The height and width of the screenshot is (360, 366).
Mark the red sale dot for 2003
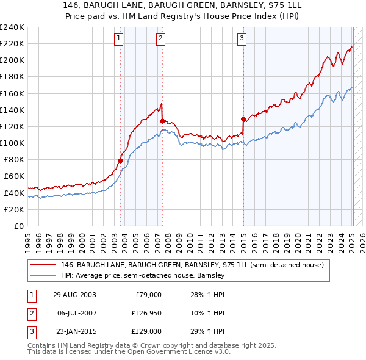121,160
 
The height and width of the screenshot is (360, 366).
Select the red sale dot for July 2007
162,121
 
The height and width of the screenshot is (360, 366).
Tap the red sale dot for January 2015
244,119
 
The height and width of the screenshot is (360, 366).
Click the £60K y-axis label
13,176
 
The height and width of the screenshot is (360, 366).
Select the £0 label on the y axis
18,226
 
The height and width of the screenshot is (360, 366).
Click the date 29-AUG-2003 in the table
74,295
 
